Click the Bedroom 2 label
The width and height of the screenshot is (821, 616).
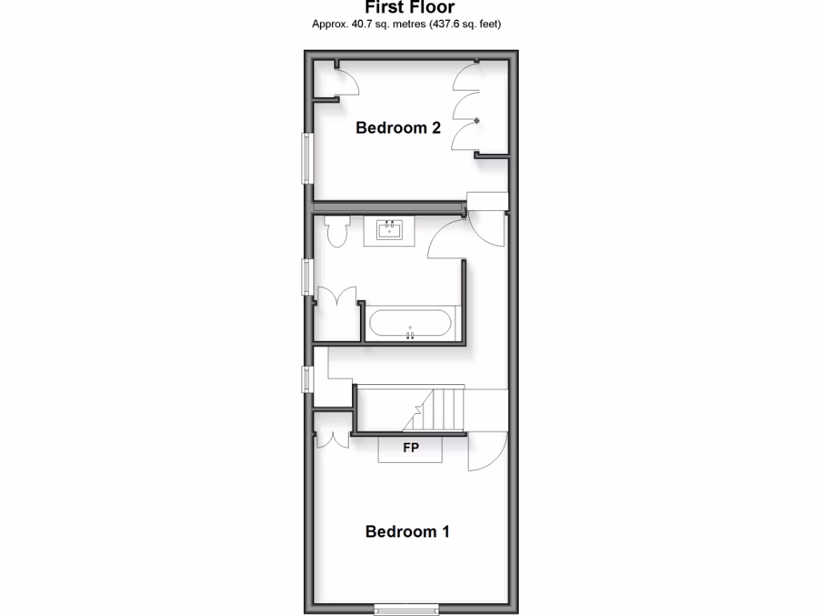coord(398,128)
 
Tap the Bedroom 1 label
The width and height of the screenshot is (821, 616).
coord(407,531)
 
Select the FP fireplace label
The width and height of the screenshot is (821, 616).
coord(410,448)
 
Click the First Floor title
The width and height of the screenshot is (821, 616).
coord(410,8)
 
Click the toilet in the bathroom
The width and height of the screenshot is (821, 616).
coord(336,232)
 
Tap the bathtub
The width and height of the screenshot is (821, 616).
coord(410,324)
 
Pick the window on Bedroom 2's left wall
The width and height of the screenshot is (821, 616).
coord(305,157)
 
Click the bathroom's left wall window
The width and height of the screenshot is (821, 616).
coord(306,278)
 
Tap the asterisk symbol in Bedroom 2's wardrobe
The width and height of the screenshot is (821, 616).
coord(478,121)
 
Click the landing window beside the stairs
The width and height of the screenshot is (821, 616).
coord(306,379)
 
